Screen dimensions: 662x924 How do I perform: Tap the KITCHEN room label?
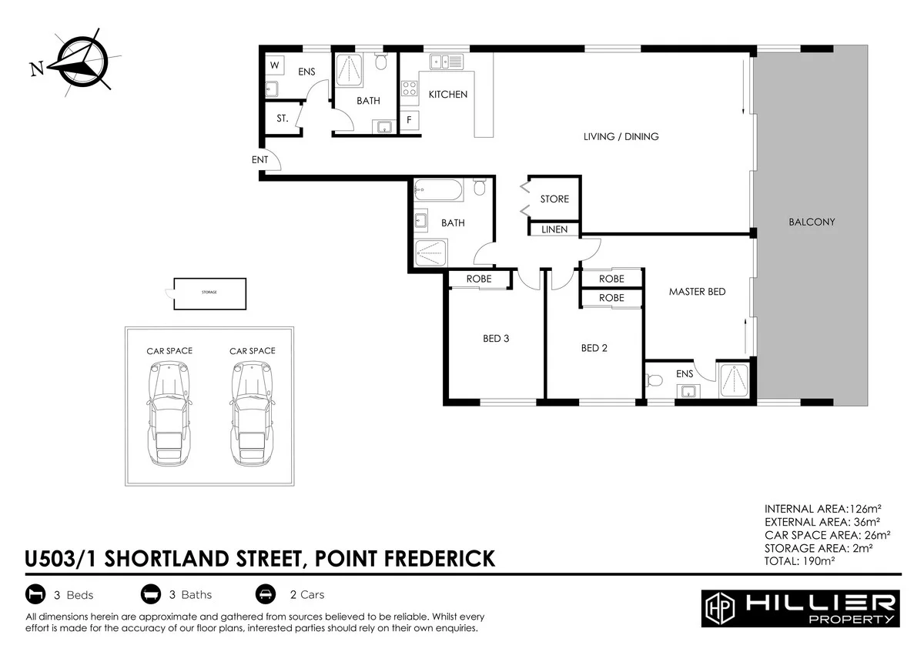click(447, 95)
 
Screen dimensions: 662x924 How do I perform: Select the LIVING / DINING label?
click(621, 137)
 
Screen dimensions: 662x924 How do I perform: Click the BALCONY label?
click(812, 222)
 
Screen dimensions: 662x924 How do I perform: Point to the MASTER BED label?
click(697, 292)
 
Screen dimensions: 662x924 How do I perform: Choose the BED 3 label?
click(496, 338)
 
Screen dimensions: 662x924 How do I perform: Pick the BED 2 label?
click(594, 348)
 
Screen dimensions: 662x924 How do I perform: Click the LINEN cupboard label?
click(554, 229)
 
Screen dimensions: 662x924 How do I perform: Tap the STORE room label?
click(554, 199)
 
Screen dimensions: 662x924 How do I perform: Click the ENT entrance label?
click(259, 159)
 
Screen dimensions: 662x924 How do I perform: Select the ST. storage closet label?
click(283, 119)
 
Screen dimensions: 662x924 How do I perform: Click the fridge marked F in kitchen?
click(408, 120)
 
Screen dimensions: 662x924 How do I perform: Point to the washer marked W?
click(274, 65)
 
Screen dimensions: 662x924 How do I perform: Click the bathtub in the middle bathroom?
click(438, 189)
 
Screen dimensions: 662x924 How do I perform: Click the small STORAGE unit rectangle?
click(209, 293)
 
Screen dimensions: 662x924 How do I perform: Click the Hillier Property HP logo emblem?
click(719, 609)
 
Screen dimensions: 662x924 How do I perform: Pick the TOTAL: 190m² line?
click(800, 561)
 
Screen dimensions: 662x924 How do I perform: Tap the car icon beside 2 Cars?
click(265, 594)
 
